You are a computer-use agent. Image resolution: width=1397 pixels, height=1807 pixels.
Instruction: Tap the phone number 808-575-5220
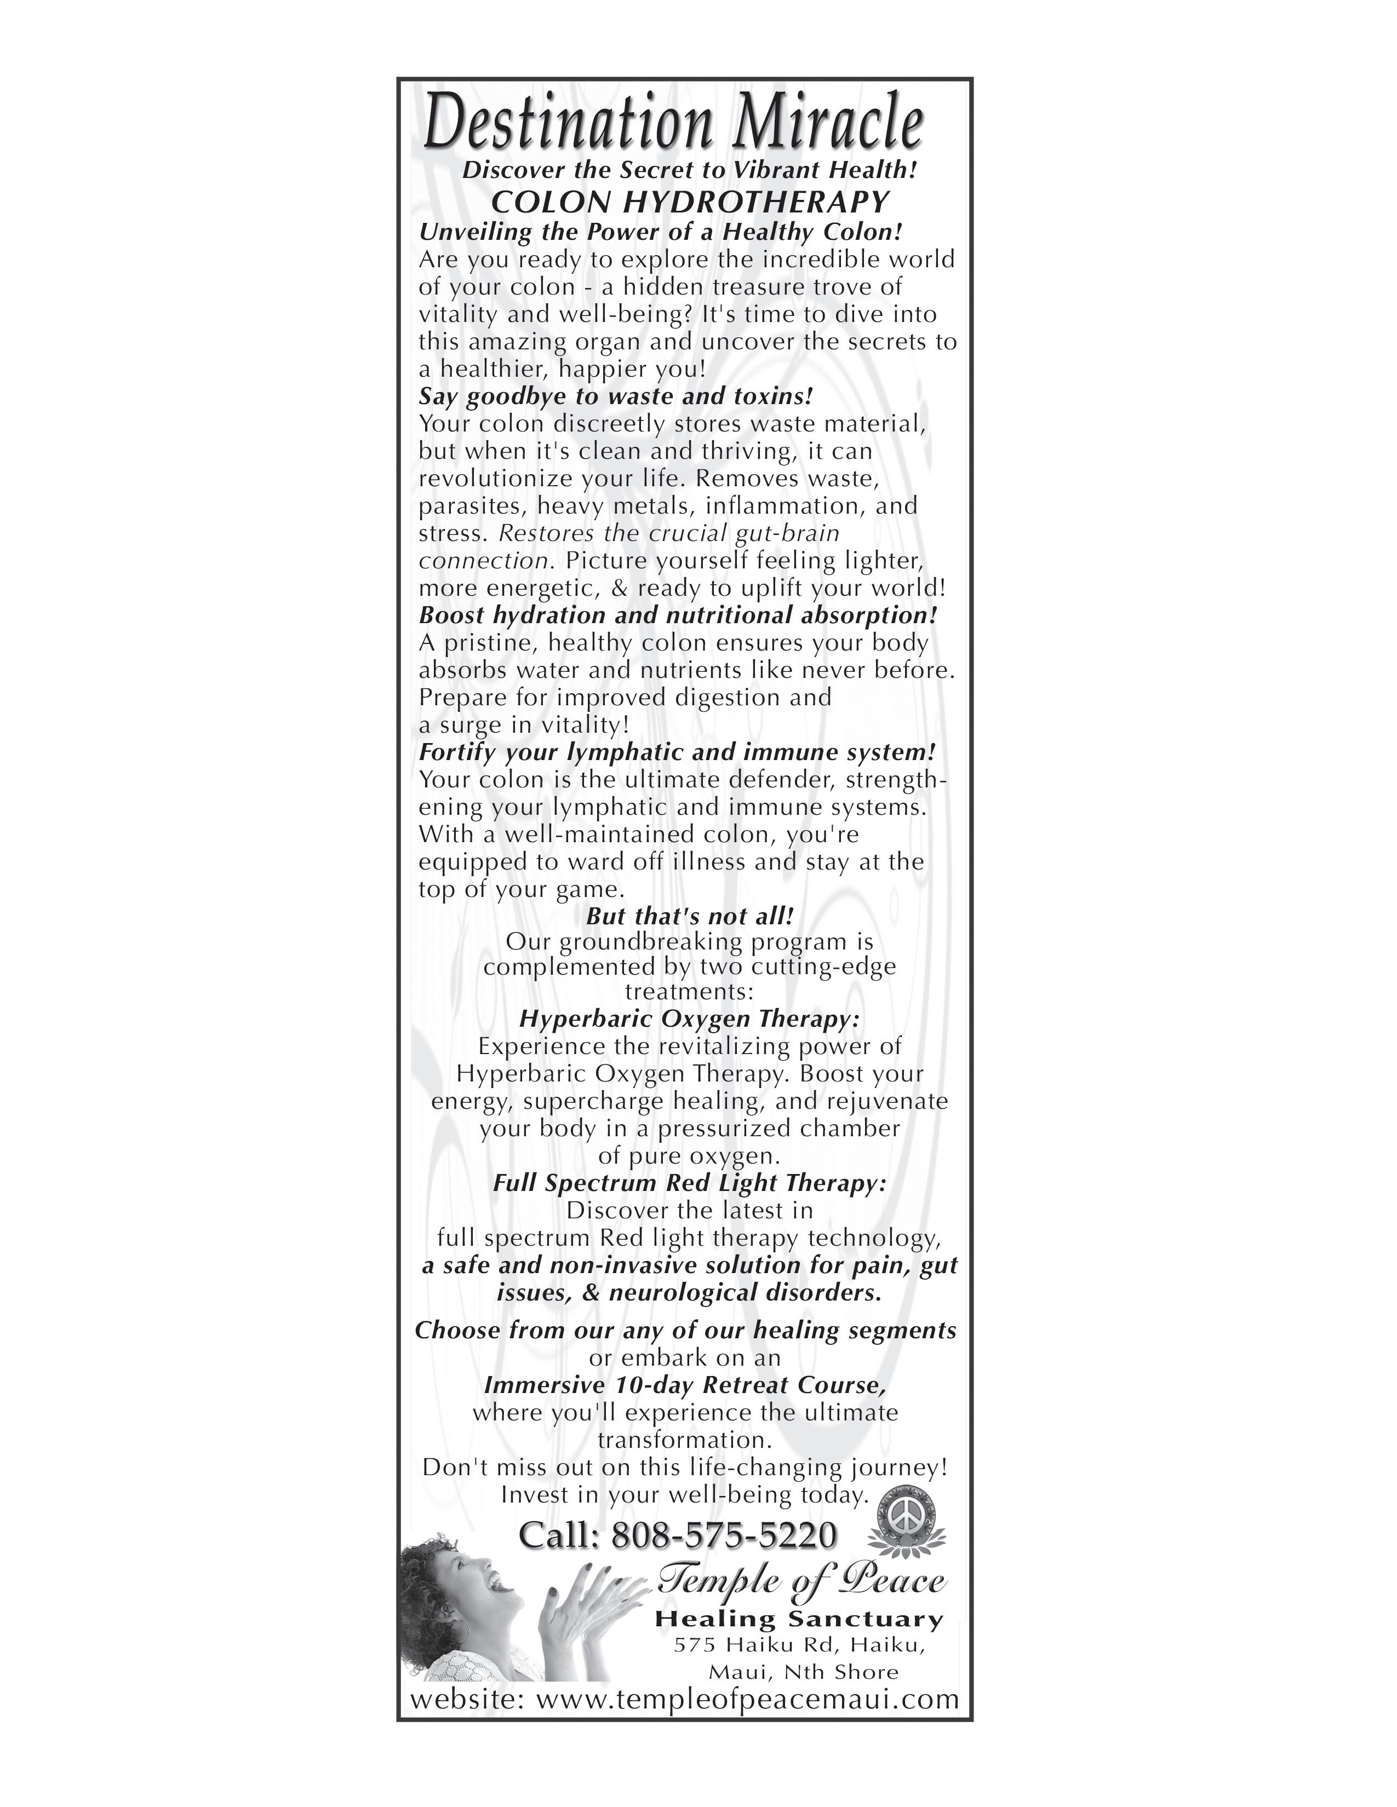(x=723, y=1535)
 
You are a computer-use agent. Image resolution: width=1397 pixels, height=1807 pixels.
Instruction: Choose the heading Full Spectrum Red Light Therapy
(x=689, y=1183)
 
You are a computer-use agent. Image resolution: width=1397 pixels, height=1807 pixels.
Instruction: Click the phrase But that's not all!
(x=689, y=916)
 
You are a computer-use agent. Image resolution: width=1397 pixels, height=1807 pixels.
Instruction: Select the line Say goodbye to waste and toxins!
(x=616, y=396)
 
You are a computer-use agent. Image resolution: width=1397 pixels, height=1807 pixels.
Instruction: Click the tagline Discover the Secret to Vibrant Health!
(x=689, y=170)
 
